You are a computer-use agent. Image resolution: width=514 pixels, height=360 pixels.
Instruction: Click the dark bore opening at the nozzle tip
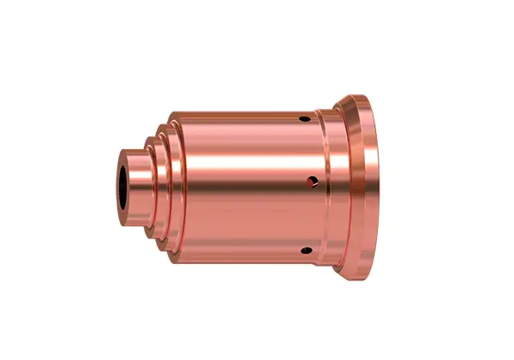(128, 185)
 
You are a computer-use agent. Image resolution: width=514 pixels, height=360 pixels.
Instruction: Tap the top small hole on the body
(306, 117)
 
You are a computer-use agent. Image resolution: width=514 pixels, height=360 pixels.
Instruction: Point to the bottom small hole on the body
(304, 249)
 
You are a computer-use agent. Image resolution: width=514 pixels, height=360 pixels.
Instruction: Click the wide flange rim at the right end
(369, 184)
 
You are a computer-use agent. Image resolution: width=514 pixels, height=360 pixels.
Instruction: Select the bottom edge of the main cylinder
(240, 259)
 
